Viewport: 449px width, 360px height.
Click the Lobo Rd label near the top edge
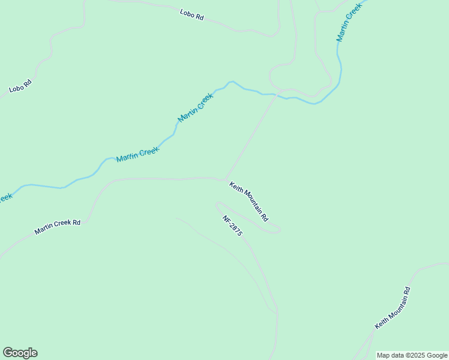click(191, 15)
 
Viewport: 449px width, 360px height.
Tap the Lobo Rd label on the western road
click(20, 85)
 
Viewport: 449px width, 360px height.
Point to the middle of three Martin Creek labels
click(196, 108)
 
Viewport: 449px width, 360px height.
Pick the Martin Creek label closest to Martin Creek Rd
click(137, 154)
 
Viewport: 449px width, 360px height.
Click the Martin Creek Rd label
click(58, 227)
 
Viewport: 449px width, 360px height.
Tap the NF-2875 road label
click(232, 226)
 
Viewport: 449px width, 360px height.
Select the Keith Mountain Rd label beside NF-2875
click(249, 201)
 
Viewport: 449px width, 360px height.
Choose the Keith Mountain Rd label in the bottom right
click(393, 308)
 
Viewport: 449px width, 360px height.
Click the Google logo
click(20, 353)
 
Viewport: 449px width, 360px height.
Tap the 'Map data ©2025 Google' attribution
click(411, 355)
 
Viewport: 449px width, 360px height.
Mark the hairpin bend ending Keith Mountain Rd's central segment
click(279, 229)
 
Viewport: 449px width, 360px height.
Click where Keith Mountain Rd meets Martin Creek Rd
click(225, 179)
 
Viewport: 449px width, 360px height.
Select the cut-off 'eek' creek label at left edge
click(5, 197)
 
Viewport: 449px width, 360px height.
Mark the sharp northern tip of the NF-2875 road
click(217, 204)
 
